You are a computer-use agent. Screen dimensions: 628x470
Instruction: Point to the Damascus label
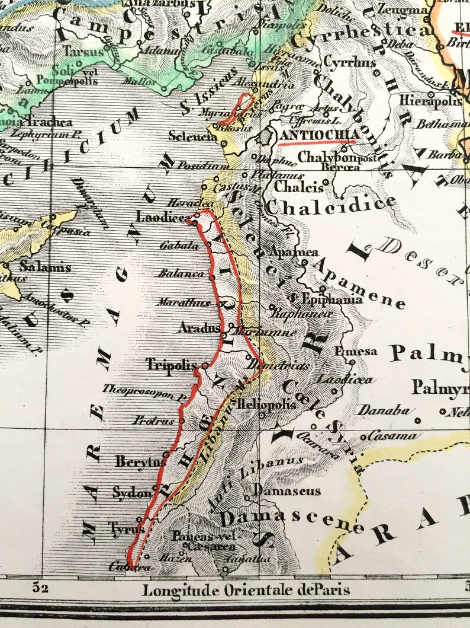click(x=287, y=491)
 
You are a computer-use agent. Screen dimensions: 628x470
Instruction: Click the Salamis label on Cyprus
click(x=45, y=267)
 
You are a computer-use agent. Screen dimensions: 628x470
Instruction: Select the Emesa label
click(x=355, y=351)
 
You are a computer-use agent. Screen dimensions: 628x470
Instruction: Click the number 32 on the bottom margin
click(x=40, y=589)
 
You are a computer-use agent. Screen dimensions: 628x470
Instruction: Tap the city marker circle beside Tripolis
click(x=205, y=365)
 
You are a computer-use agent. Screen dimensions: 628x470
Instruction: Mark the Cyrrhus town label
click(x=342, y=62)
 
